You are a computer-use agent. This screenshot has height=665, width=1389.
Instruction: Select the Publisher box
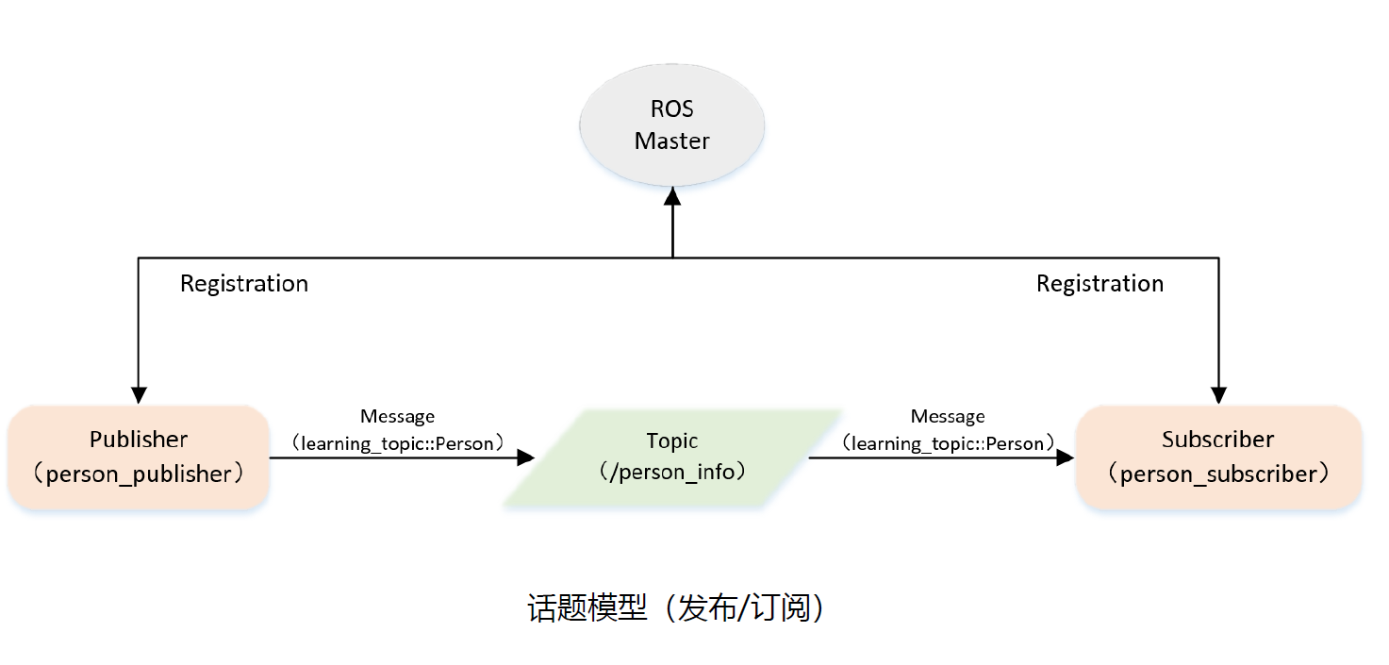139,457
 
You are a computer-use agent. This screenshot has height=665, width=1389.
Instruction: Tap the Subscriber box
1218,457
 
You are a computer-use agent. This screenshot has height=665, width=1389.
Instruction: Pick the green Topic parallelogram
671,457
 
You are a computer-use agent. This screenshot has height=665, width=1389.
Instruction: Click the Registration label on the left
244,284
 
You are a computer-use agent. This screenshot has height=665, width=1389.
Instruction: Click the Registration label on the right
1100,284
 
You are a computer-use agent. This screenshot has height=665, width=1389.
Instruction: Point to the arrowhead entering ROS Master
672,195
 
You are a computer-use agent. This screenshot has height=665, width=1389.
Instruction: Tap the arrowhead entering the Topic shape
525,457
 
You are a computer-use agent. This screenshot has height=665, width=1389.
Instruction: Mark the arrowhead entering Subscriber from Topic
1066,457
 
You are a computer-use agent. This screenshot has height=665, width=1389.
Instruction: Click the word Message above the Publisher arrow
397,416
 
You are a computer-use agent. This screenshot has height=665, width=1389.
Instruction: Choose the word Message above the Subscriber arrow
948,416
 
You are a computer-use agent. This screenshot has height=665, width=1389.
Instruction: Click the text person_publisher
139,474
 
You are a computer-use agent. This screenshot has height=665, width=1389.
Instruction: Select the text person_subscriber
1218,474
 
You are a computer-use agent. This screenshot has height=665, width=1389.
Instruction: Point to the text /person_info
671,472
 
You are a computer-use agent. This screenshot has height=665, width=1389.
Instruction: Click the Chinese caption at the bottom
676,608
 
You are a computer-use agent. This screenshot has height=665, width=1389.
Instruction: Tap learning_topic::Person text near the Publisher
397,443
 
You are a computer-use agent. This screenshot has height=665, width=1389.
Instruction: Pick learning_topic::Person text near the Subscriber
948,443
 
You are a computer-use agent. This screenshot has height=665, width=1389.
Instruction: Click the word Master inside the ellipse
671,141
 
